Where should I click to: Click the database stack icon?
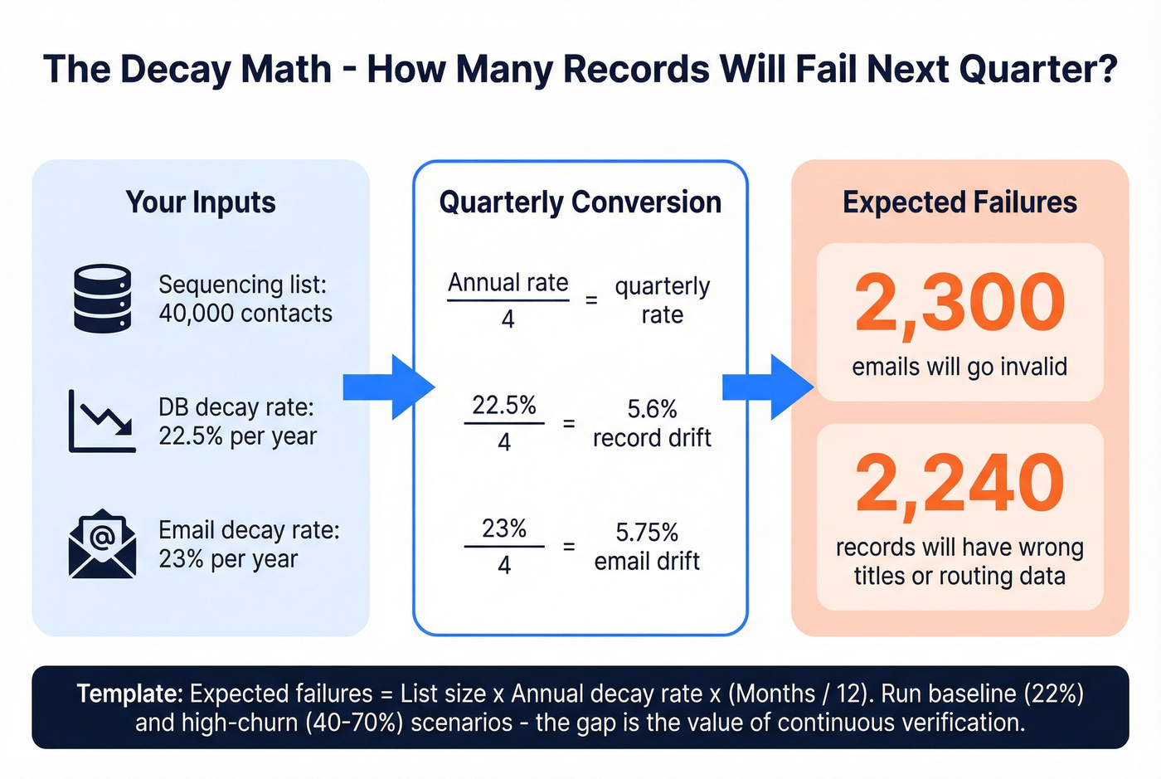102,299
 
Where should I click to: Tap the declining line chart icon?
102,421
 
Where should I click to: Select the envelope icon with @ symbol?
101,544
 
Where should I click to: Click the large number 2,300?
959,304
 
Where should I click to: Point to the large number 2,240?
959,484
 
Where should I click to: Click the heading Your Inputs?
201,202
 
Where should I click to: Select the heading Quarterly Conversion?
580,202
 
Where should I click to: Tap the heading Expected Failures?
959,202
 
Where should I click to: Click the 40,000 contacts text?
245,314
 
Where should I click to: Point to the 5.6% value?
652,409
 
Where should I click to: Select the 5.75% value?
647,532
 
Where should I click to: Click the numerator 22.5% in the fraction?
504,406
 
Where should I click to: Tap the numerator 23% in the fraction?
504,528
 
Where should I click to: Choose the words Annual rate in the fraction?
508,283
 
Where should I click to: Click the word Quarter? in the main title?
1038,69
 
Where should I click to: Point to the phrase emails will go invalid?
959,367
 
